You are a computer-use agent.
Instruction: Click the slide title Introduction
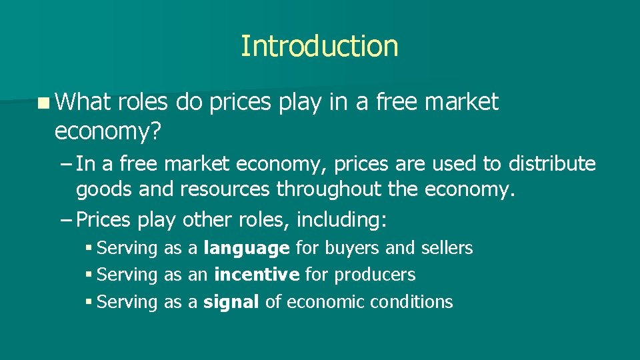[319, 46]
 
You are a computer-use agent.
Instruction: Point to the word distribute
[552, 163]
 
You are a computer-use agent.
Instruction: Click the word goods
[105, 191]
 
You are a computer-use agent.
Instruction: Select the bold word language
[247, 249]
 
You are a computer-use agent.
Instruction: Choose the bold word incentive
[257, 275]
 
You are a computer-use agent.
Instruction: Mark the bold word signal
[231, 302]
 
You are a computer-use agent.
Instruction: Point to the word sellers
[447, 248]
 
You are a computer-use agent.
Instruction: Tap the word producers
[375, 275]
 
